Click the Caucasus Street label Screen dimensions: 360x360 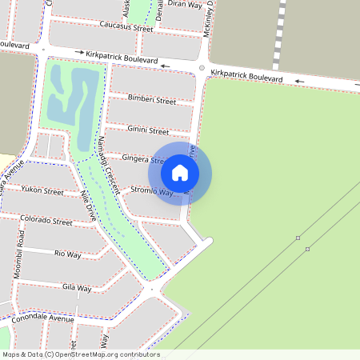(x=126, y=28)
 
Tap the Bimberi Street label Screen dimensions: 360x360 (x=152, y=101)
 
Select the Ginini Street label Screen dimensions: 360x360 (x=148, y=130)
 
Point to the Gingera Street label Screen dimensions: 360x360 (x=140, y=160)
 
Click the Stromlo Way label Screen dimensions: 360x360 (x=151, y=192)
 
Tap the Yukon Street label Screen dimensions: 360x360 (x=42, y=191)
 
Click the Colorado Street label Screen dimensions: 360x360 (x=46, y=220)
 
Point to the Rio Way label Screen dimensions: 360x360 (x=68, y=254)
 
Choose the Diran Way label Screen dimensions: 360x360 (x=185, y=4)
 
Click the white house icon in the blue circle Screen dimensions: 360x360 (x=180, y=173)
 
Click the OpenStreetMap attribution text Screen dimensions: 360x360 (x=81, y=354)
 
